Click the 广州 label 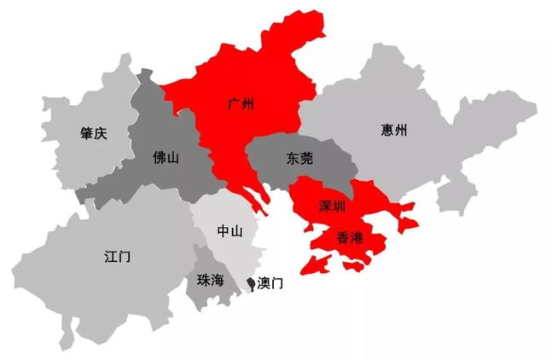pos(242,104)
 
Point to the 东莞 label pos(298,159)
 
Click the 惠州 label pos(397,131)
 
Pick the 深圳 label pos(331,206)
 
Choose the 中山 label pos(230,231)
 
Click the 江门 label pos(115,255)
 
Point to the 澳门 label pos(269,282)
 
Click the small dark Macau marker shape pos(250,282)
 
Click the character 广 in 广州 pos(235,104)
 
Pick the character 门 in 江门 pos(123,255)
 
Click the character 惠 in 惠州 pos(389,131)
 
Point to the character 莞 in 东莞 pos(305,159)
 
